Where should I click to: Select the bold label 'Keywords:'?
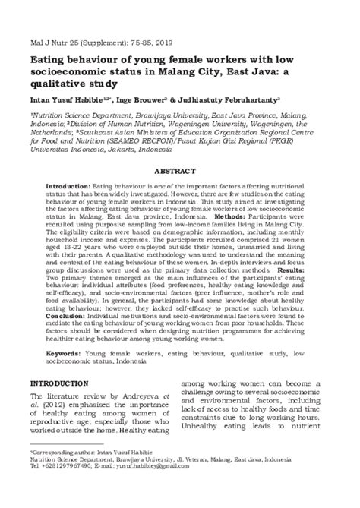(x=65, y=354)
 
